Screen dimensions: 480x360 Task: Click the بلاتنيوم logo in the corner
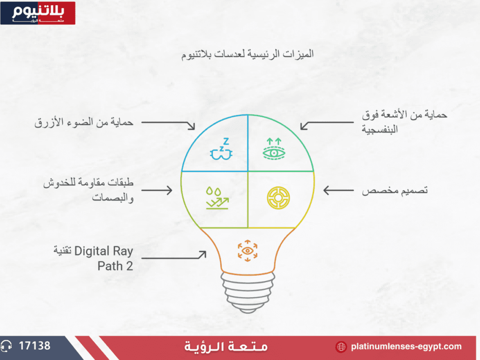(37, 13)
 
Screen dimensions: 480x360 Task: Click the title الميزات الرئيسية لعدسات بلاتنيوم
(247, 54)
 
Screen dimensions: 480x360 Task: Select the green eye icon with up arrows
(274, 149)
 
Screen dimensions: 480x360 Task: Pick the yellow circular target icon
(278, 198)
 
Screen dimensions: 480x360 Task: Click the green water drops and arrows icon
(217, 198)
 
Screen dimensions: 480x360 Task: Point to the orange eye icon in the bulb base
(247, 251)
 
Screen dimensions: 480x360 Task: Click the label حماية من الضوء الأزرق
(84, 122)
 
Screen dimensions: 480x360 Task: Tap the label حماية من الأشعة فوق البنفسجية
(405, 122)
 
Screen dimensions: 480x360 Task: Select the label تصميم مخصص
(395, 190)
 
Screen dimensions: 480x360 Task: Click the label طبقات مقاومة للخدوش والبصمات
(88, 190)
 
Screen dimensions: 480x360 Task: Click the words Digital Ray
(104, 251)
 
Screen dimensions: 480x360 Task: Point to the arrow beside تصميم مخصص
(338, 190)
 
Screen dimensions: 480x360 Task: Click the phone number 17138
(35, 346)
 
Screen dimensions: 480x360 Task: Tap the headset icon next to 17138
(6, 346)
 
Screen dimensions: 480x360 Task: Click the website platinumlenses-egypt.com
(406, 346)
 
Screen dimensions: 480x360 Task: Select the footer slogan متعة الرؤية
(226, 347)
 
